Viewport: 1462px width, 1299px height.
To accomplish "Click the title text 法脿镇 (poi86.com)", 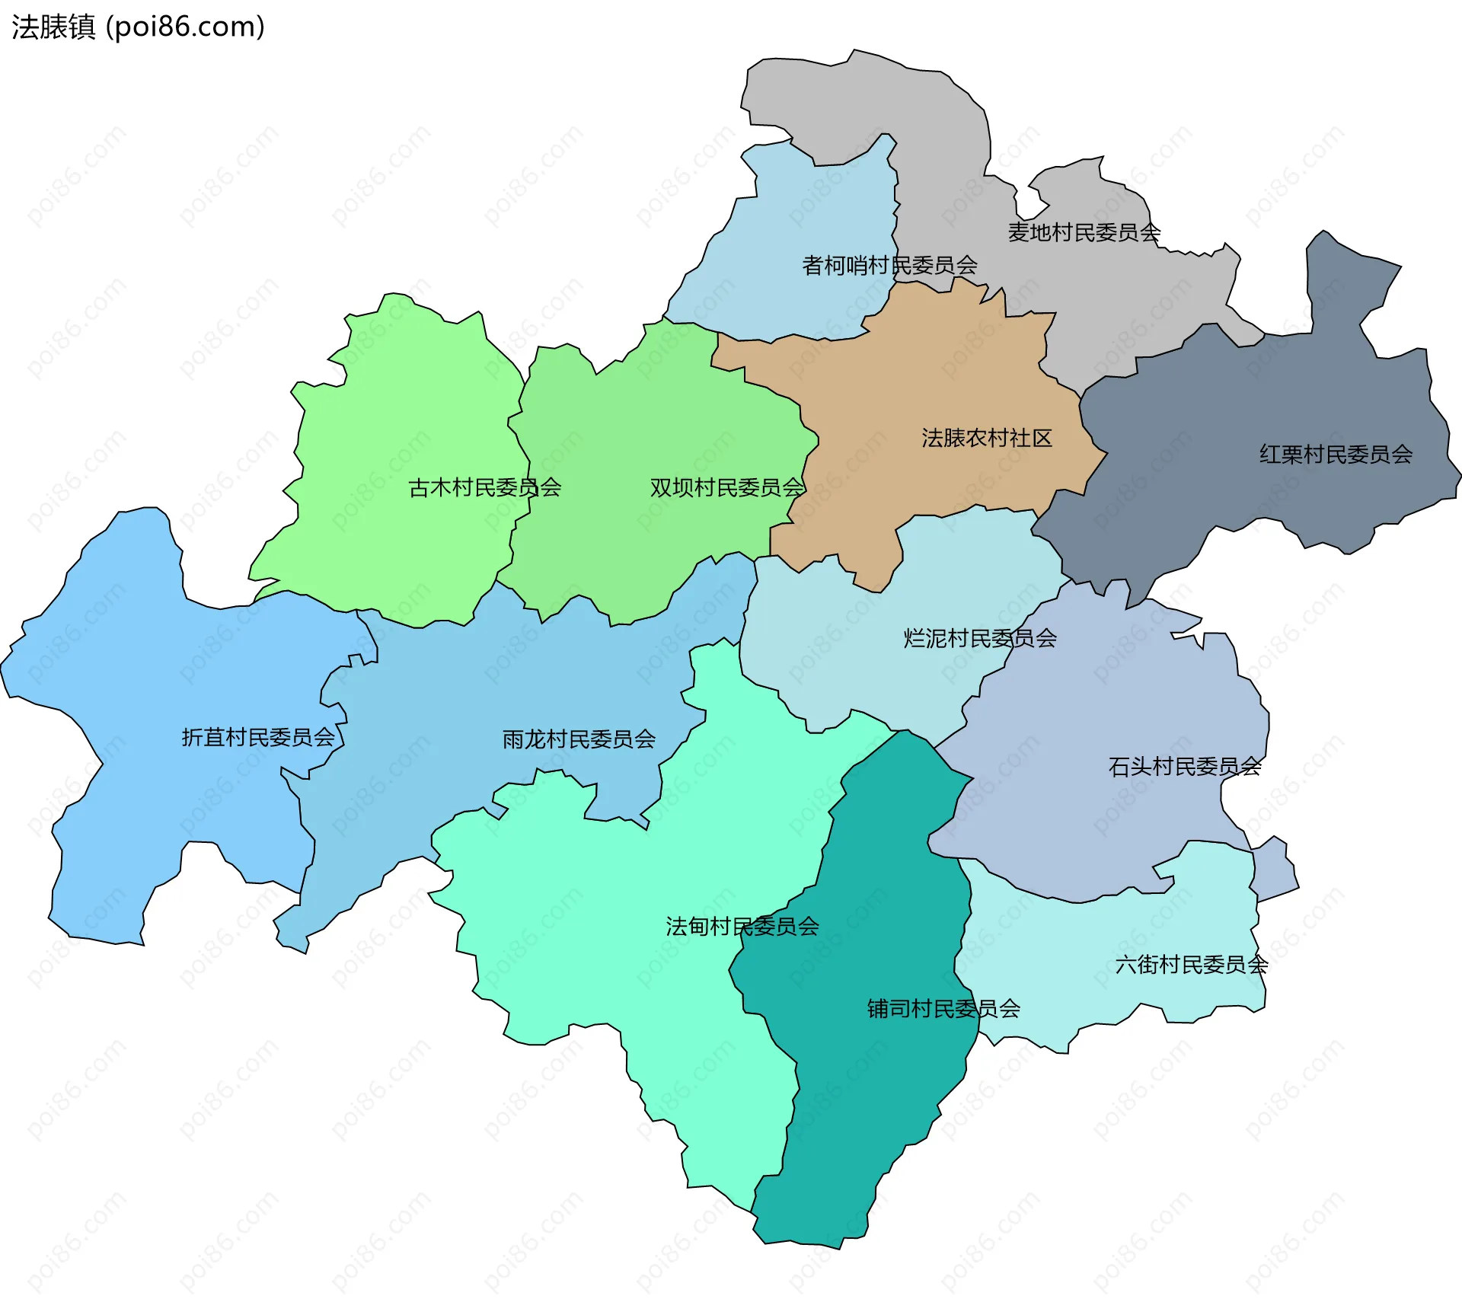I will (137, 27).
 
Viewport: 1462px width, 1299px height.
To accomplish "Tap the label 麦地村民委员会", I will (1084, 232).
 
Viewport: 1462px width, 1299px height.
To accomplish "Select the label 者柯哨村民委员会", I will (889, 265).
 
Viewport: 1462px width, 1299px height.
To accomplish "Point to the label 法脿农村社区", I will (986, 438).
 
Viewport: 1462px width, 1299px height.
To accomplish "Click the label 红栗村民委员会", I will (1336, 455).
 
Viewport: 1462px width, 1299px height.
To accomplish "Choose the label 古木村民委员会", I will (484, 487).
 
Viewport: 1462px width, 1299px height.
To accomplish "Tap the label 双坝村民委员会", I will (726, 487).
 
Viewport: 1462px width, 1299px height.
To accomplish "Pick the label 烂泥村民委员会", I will (979, 638).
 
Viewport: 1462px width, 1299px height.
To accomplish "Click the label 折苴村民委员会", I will (258, 737).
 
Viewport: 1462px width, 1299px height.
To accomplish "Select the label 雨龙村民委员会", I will (579, 739).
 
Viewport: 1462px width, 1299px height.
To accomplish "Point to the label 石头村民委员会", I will (1184, 766).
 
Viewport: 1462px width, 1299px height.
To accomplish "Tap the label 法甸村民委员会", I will (742, 927).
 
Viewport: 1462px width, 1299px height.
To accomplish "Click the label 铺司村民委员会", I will (943, 1009).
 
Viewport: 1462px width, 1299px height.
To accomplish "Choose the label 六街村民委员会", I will (1191, 965).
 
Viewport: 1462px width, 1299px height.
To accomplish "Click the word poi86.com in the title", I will (185, 27).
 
